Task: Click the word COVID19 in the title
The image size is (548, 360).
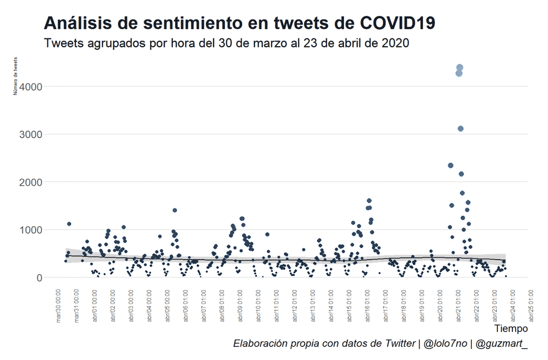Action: click(x=397, y=23)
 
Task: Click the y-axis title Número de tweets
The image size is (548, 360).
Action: click(x=16, y=76)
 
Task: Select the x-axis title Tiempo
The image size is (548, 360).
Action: click(x=511, y=329)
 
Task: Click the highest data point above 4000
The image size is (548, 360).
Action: click(x=460, y=68)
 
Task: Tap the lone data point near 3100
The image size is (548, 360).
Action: click(x=460, y=129)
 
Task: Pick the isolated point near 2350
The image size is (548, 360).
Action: click(x=450, y=165)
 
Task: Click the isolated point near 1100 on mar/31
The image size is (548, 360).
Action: click(x=69, y=224)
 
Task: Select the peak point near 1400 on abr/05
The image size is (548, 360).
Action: click(x=174, y=210)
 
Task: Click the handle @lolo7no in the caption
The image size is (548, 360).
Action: click(x=445, y=344)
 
